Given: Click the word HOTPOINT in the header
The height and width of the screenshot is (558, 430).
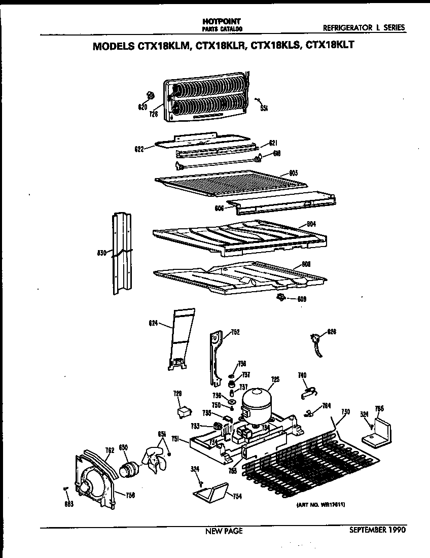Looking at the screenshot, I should (214, 22).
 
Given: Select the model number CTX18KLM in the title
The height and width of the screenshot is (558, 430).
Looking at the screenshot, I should (162, 45).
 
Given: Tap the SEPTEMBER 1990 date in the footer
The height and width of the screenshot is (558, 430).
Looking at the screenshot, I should (377, 530).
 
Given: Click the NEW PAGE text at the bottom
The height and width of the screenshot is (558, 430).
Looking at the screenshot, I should (224, 531).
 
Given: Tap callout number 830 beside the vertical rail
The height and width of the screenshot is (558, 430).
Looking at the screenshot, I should (101, 253).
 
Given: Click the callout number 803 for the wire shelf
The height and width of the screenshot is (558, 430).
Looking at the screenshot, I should (293, 173).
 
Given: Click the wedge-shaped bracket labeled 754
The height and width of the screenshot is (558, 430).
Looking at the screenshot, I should (210, 492).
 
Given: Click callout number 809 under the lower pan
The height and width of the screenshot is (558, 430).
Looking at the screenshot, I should (302, 299).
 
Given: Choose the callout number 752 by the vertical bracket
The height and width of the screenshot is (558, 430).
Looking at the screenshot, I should (235, 332).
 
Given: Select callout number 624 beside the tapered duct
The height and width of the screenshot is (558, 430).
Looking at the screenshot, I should (154, 322).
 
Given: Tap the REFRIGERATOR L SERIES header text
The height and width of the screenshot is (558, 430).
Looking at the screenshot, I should (364, 28).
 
